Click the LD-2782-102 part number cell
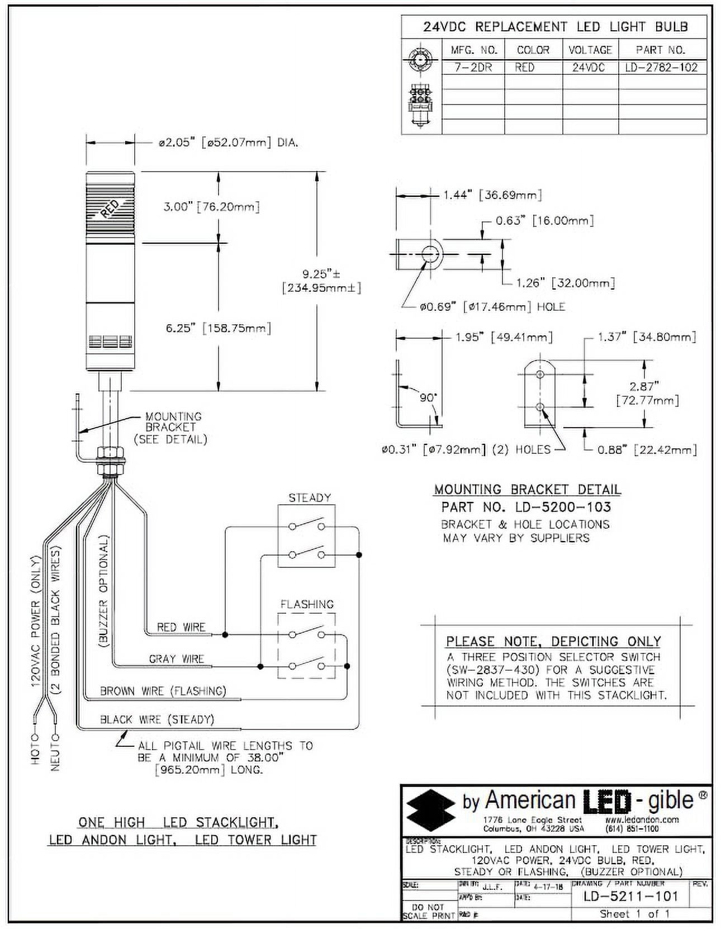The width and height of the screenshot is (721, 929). pos(661,68)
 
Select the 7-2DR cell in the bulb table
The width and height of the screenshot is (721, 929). pos(473,68)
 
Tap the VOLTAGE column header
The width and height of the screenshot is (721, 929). pos(590,50)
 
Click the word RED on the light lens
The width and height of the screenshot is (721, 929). pos(110,208)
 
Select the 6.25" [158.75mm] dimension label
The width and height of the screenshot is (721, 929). pos(218,328)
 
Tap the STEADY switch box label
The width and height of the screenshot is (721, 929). pos(310,497)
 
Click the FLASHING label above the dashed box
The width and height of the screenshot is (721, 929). pos(307,604)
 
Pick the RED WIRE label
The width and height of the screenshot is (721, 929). pos(181,627)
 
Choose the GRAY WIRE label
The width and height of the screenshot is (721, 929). pos(177,659)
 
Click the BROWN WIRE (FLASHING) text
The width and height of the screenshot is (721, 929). pos(163,691)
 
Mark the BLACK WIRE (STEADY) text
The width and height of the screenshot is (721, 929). pos(157,719)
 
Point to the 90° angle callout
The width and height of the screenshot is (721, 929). pos(428,397)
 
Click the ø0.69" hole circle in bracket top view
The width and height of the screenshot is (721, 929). pos(430,254)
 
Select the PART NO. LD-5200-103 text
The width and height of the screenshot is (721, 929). pos(526,507)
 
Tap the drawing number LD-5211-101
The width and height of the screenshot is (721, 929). pos(630,896)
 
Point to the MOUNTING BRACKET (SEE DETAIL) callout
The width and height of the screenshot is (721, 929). pos(171,428)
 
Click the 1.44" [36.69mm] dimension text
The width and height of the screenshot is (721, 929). pos(492,195)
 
